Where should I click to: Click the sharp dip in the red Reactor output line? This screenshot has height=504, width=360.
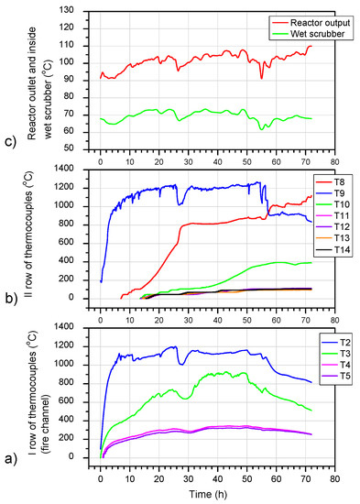click(x=262, y=78)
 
